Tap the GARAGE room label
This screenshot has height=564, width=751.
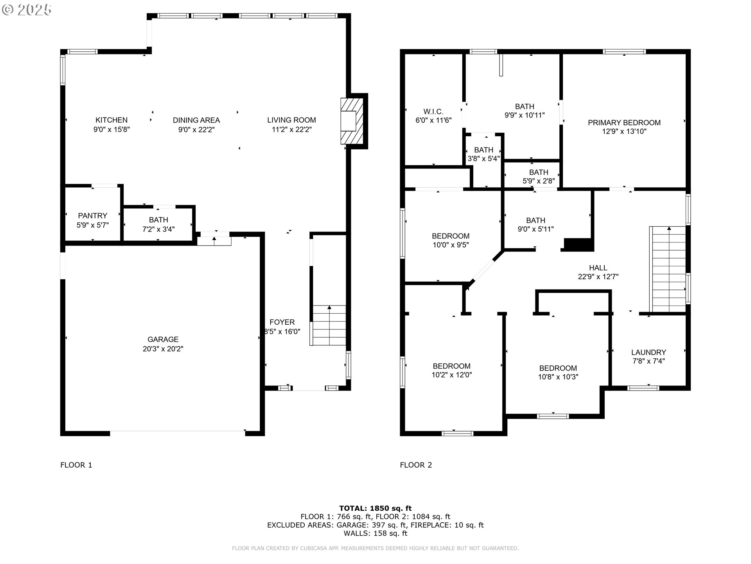[x=163, y=340]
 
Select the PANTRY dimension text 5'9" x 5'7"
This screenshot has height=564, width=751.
[x=92, y=225]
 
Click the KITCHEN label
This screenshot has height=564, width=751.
[x=111, y=120]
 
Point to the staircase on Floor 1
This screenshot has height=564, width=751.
[x=329, y=325]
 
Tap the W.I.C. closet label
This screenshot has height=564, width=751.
[x=433, y=112]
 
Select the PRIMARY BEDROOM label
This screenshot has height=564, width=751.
[x=624, y=123]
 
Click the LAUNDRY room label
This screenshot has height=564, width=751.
[x=648, y=352]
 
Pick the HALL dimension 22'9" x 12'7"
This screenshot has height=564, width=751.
[x=598, y=277]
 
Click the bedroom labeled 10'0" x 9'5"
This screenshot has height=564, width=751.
[x=450, y=240]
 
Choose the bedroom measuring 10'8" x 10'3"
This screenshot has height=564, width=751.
[x=558, y=372]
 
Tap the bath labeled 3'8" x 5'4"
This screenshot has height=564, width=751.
[x=483, y=154]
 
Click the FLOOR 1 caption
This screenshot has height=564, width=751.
[x=76, y=465]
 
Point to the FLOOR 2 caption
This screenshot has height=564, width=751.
[x=416, y=465]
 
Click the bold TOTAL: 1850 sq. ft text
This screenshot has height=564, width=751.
[x=375, y=508]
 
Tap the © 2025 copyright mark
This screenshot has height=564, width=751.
[x=27, y=10]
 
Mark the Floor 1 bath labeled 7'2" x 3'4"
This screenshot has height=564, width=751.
[x=158, y=224]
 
